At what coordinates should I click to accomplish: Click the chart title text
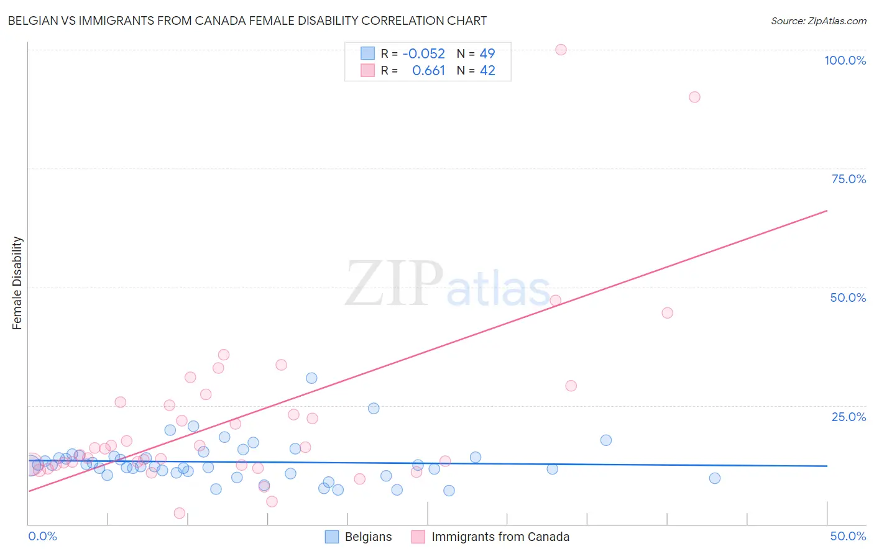click(x=247, y=20)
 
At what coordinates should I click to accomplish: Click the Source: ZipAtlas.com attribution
click(x=818, y=20)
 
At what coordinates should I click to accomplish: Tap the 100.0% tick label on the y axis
click(x=845, y=60)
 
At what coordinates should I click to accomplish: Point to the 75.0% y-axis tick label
click(x=849, y=179)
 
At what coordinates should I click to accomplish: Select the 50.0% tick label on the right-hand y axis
click(x=848, y=297)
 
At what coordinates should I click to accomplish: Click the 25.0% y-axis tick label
click(x=849, y=417)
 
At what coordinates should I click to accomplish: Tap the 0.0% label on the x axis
click(x=43, y=536)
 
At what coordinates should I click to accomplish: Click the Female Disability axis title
click(x=17, y=283)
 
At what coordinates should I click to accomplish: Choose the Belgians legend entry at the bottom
click(x=368, y=537)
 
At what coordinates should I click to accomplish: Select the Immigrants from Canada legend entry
click(x=500, y=537)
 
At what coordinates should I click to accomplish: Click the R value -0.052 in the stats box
click(x=423, y=54)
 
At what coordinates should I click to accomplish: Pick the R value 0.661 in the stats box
click(x=428, y=71)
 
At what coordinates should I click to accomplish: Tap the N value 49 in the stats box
click(x=487, y=54)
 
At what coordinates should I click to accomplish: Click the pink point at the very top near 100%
click(x=561, y=50)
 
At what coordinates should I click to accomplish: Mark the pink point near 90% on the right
click(x=694, y=97)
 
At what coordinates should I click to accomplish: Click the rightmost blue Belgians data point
click(x=715, y=478)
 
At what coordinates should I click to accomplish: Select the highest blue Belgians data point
click(x=311, y=378)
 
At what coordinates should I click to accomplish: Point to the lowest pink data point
click(x=180, y=513)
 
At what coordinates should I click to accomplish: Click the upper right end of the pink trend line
click(x=826, y=211)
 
